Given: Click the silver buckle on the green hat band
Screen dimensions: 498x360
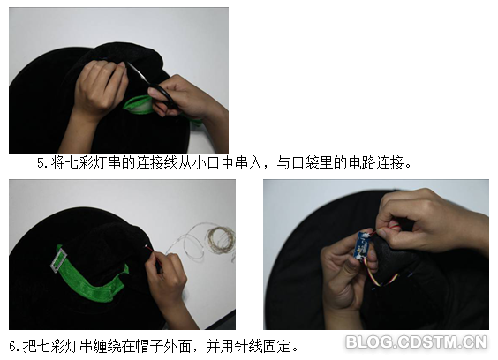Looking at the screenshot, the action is pyautogui.click(x=59, y=260).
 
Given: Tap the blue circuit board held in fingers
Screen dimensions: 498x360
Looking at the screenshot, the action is pyautogui.click(x=362, y=245).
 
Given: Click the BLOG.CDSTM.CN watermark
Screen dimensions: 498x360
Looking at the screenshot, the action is pyautogui.click(x=417, y=342).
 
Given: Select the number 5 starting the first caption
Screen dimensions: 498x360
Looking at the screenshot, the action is pyautogui.click(x=41, y=163).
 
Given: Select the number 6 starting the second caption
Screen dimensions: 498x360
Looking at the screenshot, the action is pyautogui.click(x=12, y=346).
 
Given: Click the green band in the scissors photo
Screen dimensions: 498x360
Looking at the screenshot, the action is pyautogui.click(x=140, y=105).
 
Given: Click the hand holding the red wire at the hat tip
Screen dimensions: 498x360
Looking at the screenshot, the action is pyautogui.click(x=169, y=286).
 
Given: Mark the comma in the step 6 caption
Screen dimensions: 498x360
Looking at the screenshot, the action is pyautogui.click(x=196, y=349).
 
